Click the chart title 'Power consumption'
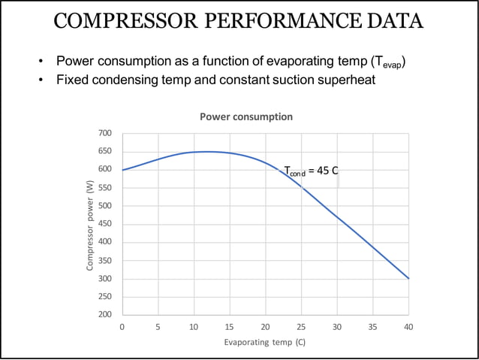[246, 117]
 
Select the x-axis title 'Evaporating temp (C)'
[265, 342]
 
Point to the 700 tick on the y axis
[105, 133]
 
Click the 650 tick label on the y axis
[105, 151]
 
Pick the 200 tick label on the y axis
[105, 315]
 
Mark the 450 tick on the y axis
[105, 224]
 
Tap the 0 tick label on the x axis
[122, 327]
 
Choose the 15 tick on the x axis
[230, 327]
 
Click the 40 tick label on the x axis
[408, 327]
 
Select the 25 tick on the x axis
[301, 327]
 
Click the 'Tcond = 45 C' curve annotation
[311, 171]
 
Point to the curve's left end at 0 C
[122, 170]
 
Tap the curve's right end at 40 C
[408, 278]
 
